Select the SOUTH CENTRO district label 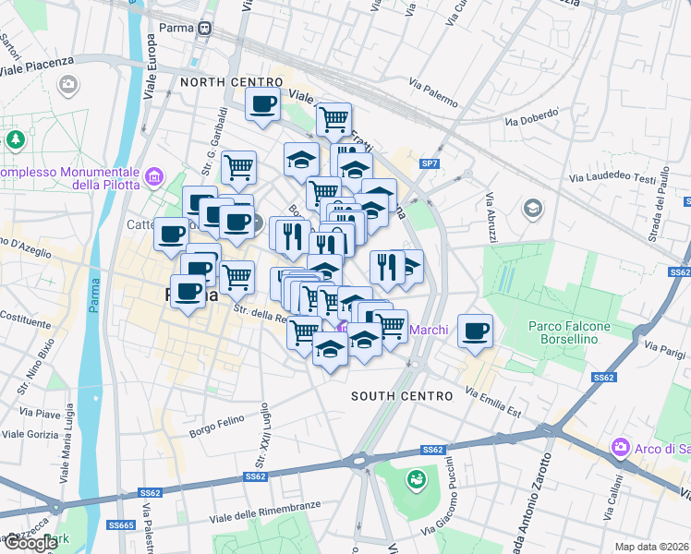[402, 396]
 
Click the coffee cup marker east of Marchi [475, 331]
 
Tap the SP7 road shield [429, 163]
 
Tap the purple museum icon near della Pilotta [154, 175]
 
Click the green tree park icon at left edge [15, 139]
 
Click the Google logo [30, 543]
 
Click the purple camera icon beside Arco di [620, 449]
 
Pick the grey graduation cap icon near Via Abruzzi [532, 208]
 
